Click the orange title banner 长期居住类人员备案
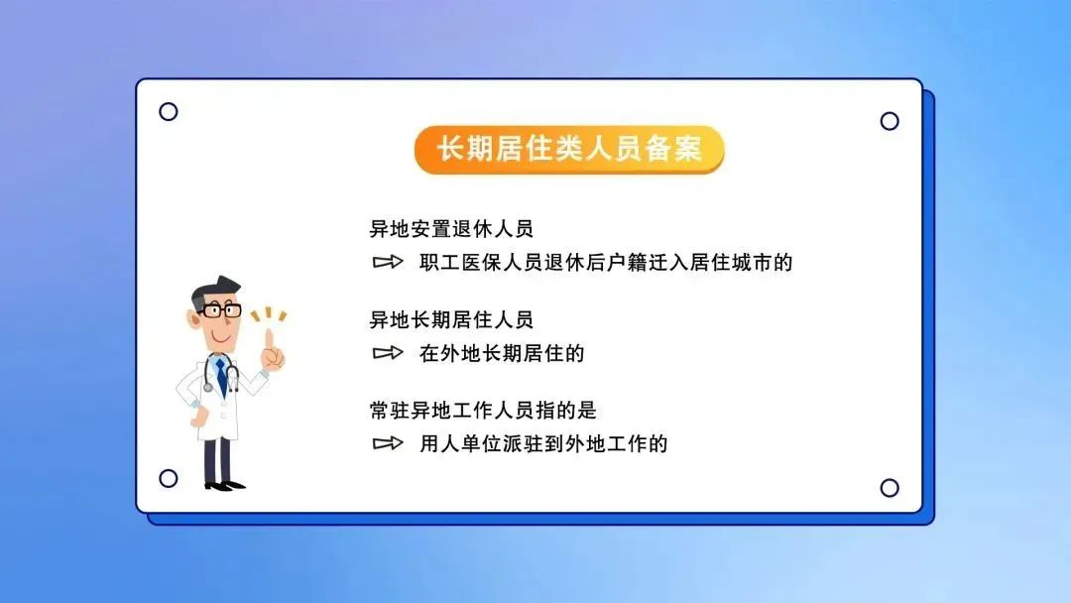click(x=569, y=150)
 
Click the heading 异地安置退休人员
click(x=451, y=229)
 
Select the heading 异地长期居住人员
click(x=451, y=319)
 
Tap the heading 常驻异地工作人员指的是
click(x=483, y=411)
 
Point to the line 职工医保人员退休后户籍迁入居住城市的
click(x=606, y=262)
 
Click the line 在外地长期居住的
click(x=502, y=353)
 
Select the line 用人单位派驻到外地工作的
click(x=543, y=444)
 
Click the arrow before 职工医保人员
click(x=388, y=262)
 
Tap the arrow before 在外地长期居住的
click(x=388, y=353)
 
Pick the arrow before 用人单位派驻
click(x=388, y=444)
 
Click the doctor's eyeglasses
click(x=220, y=310)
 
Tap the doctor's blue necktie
click(x=221, y=378)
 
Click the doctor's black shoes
click(x=225, y=486)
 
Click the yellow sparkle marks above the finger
click(x=269, y=314)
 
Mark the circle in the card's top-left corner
click(x=168, y=111)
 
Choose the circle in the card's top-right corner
click(x=890, y=121)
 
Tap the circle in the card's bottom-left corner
click(x=168, y=478)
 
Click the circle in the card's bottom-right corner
click(x=890, y=488)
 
